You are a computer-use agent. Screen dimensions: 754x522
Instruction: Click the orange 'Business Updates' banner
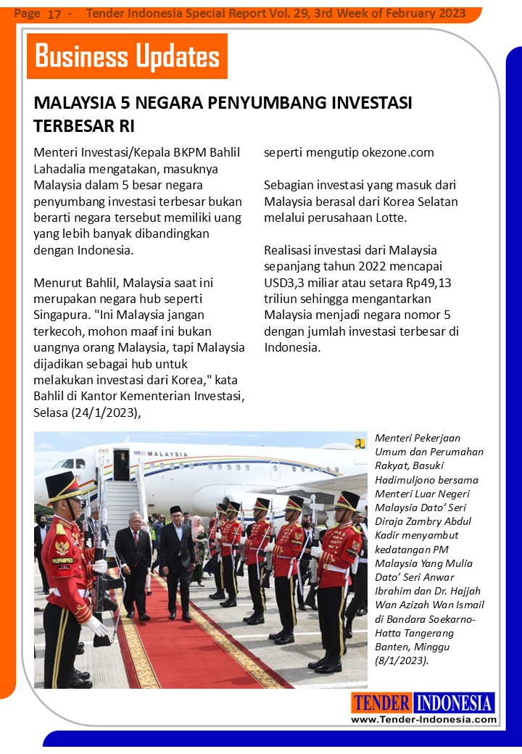pos(127,57)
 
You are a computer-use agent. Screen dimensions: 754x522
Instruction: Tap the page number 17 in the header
pos(54,14)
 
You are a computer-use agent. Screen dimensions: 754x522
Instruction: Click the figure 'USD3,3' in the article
pos(288,282)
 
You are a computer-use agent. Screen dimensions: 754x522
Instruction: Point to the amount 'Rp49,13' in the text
pos(427,282)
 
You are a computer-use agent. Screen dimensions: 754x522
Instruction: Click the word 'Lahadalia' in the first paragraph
pos(62,169)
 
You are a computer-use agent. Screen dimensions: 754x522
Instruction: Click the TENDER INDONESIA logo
pos(423,703)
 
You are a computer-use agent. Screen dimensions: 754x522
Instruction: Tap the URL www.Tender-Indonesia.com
pos(423,719)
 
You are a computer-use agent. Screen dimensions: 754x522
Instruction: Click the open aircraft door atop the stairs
pos(121,465)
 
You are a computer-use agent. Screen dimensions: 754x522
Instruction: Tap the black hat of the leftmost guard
pos(62,484)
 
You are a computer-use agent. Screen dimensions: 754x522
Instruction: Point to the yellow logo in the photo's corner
pos(360,443)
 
